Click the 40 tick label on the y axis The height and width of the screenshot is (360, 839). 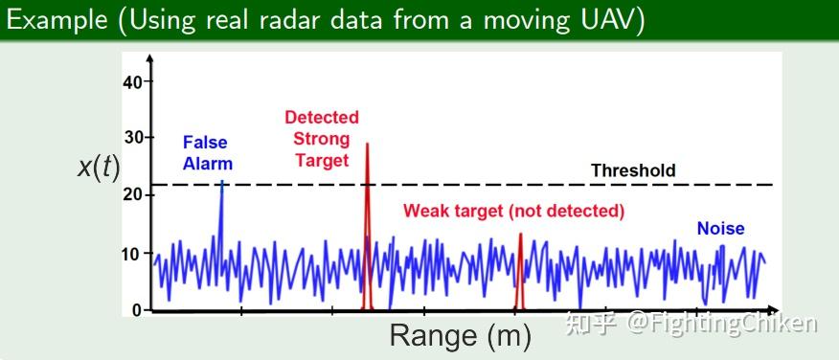point(131,81)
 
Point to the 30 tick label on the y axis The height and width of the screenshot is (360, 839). point(132,138)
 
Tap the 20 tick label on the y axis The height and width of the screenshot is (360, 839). point(132,194)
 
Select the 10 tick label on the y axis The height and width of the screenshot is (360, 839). point(132,254)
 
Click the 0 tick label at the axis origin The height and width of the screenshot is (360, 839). point(137,309)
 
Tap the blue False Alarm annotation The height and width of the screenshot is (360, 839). point(208,153)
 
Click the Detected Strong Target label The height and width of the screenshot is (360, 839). point(322,139)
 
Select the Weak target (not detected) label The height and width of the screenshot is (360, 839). point(513,210)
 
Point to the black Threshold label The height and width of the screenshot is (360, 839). point(633,170)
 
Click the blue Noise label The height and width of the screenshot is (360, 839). point(720,228)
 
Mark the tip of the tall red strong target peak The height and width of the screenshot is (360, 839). point(367,145)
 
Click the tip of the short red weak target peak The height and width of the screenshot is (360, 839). point(520,235)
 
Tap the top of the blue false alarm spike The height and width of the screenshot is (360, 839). point(222,181)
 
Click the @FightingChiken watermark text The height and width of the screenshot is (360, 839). point(722,324)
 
